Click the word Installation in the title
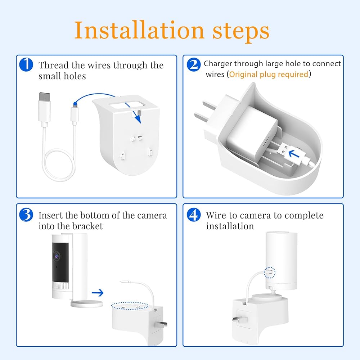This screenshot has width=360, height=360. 139,30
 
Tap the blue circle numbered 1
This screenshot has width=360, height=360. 26,64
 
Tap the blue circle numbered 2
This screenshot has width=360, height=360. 194,64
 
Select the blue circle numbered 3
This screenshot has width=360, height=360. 26,215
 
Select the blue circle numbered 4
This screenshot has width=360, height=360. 194,215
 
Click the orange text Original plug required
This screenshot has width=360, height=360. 269,75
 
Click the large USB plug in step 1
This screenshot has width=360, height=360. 45,109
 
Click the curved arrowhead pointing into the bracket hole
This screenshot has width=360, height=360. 138,120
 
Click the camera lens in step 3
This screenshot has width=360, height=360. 57,256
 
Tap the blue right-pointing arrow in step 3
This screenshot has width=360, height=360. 98,292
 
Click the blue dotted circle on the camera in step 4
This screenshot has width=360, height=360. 270,272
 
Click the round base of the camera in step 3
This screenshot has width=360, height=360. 86,304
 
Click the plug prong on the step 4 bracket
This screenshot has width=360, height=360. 240,319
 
